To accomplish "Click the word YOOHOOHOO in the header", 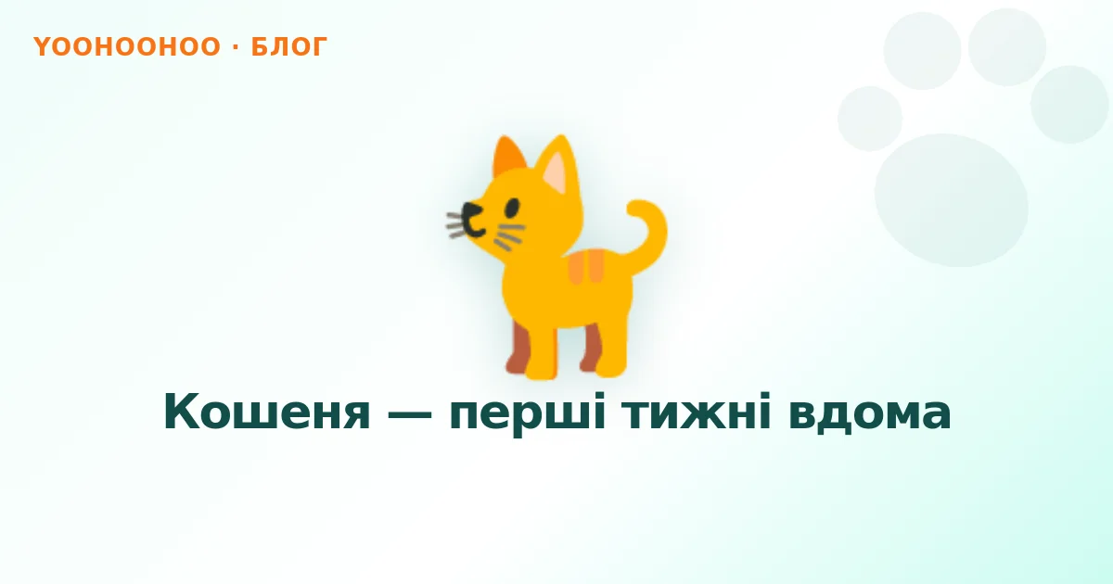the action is coord(127,46).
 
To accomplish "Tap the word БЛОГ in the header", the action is coord(289,46).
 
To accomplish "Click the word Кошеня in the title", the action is coord(267,413).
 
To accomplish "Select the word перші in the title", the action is coord(527,413).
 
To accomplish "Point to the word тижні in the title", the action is coord(697,412).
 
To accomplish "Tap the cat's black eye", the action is coord(512,208).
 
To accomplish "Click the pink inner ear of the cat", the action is coord(555,172).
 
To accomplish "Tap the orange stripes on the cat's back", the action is coord(586,267).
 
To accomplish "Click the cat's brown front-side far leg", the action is coord(518,348).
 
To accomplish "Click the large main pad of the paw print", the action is coord(951,200).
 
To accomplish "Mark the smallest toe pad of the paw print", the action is coord(870,119).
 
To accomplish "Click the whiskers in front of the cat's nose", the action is coord(454,225).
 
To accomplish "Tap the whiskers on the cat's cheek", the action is coord(509,236).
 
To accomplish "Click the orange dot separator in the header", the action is coord(236,46).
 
